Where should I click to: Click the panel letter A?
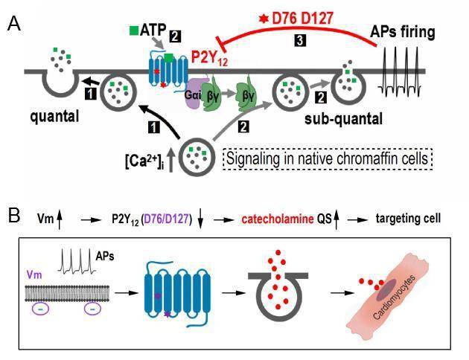(13, 25)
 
